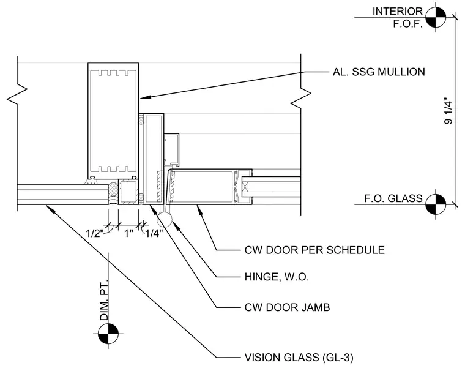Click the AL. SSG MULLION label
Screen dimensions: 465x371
[x=379, y=72]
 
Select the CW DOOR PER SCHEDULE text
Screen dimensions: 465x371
[x=314, y=250]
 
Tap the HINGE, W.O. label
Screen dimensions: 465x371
[x=277, y=277]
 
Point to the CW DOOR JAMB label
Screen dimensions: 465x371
[x=287, y=307]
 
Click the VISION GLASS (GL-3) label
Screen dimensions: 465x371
[x=299, y=358]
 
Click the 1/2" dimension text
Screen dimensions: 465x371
[x=95, y=233]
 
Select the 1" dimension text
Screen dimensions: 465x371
[x=128, y=233]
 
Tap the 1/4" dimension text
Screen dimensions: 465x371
[x=154, y=233]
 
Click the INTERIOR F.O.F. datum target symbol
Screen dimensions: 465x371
[x=436, y=17]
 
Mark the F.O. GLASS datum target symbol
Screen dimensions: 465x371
[x=436, y=204]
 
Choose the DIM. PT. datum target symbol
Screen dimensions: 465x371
[x=108, y=334]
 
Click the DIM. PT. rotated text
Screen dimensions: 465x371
[x=104, y=300]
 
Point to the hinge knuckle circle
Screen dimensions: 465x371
[x=164, y=220]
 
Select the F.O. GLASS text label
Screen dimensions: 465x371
[x=393, y=198]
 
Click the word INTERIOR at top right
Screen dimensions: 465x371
[x=397, y=11]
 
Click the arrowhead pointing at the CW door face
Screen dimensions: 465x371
[x=200, y=211]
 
